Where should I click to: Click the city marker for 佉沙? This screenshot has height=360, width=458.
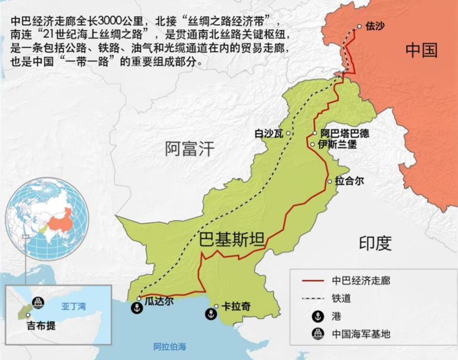click(x=359, y=26)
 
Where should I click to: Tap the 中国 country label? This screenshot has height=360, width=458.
click(x=421, y=50)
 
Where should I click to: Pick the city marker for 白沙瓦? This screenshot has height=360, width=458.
click(x=288, y=133)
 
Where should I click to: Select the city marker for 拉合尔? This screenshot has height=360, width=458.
click(x=330, y=181)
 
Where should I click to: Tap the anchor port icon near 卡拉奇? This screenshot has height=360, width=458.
click(x=210, y=314)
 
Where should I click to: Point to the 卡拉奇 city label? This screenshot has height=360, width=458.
click(x=236, y=307)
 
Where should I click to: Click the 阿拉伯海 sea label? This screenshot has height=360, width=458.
click(x=170, y=346)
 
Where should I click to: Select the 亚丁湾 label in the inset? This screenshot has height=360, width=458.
click(x=73, y=306)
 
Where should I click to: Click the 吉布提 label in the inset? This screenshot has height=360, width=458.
click(x=41, y=326)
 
